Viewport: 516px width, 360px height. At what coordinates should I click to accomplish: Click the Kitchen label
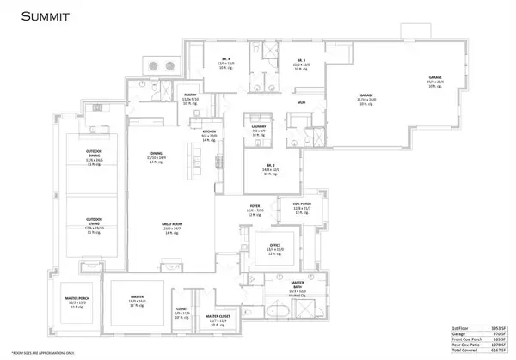(x=209, y=131)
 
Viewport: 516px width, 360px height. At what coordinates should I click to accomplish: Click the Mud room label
(x=301, y=102)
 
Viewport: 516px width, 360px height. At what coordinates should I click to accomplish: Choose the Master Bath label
(x=298, y=282)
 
